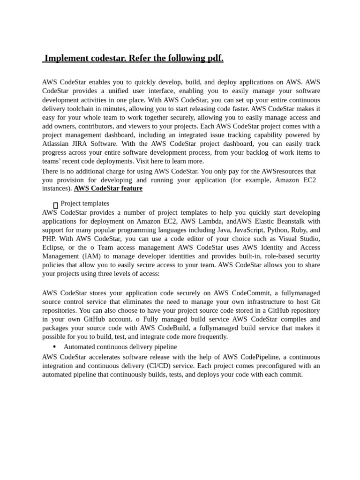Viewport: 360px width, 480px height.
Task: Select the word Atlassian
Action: [57, 144]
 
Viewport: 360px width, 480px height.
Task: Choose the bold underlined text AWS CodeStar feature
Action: [108, 188]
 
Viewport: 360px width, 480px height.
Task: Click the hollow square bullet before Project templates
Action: [55, 205]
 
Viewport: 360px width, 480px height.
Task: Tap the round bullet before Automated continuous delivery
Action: [55, 347]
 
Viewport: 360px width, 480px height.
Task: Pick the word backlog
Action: [267, 152]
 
